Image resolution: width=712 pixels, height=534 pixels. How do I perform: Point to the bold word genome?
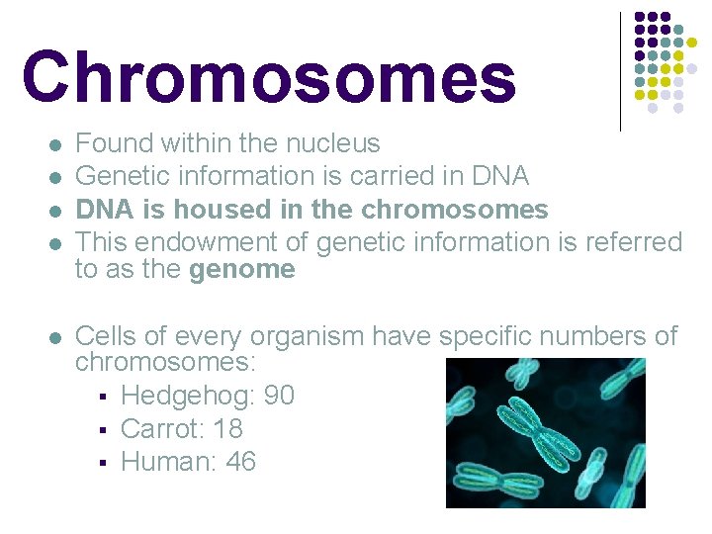(x=241, y=269)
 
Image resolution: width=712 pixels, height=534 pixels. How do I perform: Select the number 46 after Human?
(x=240, y=461)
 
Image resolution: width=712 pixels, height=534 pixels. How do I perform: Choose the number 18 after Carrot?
(x=227, y=428)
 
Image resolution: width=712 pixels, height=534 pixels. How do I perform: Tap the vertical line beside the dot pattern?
(x=620, y=71)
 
